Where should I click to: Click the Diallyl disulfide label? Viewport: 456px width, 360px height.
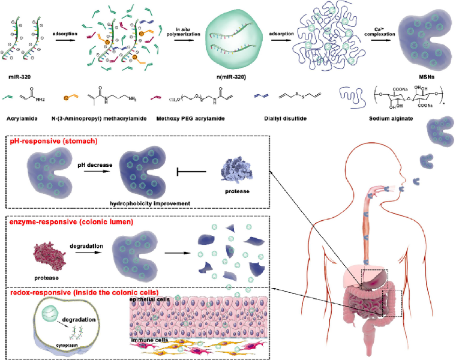coord(283,119)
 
